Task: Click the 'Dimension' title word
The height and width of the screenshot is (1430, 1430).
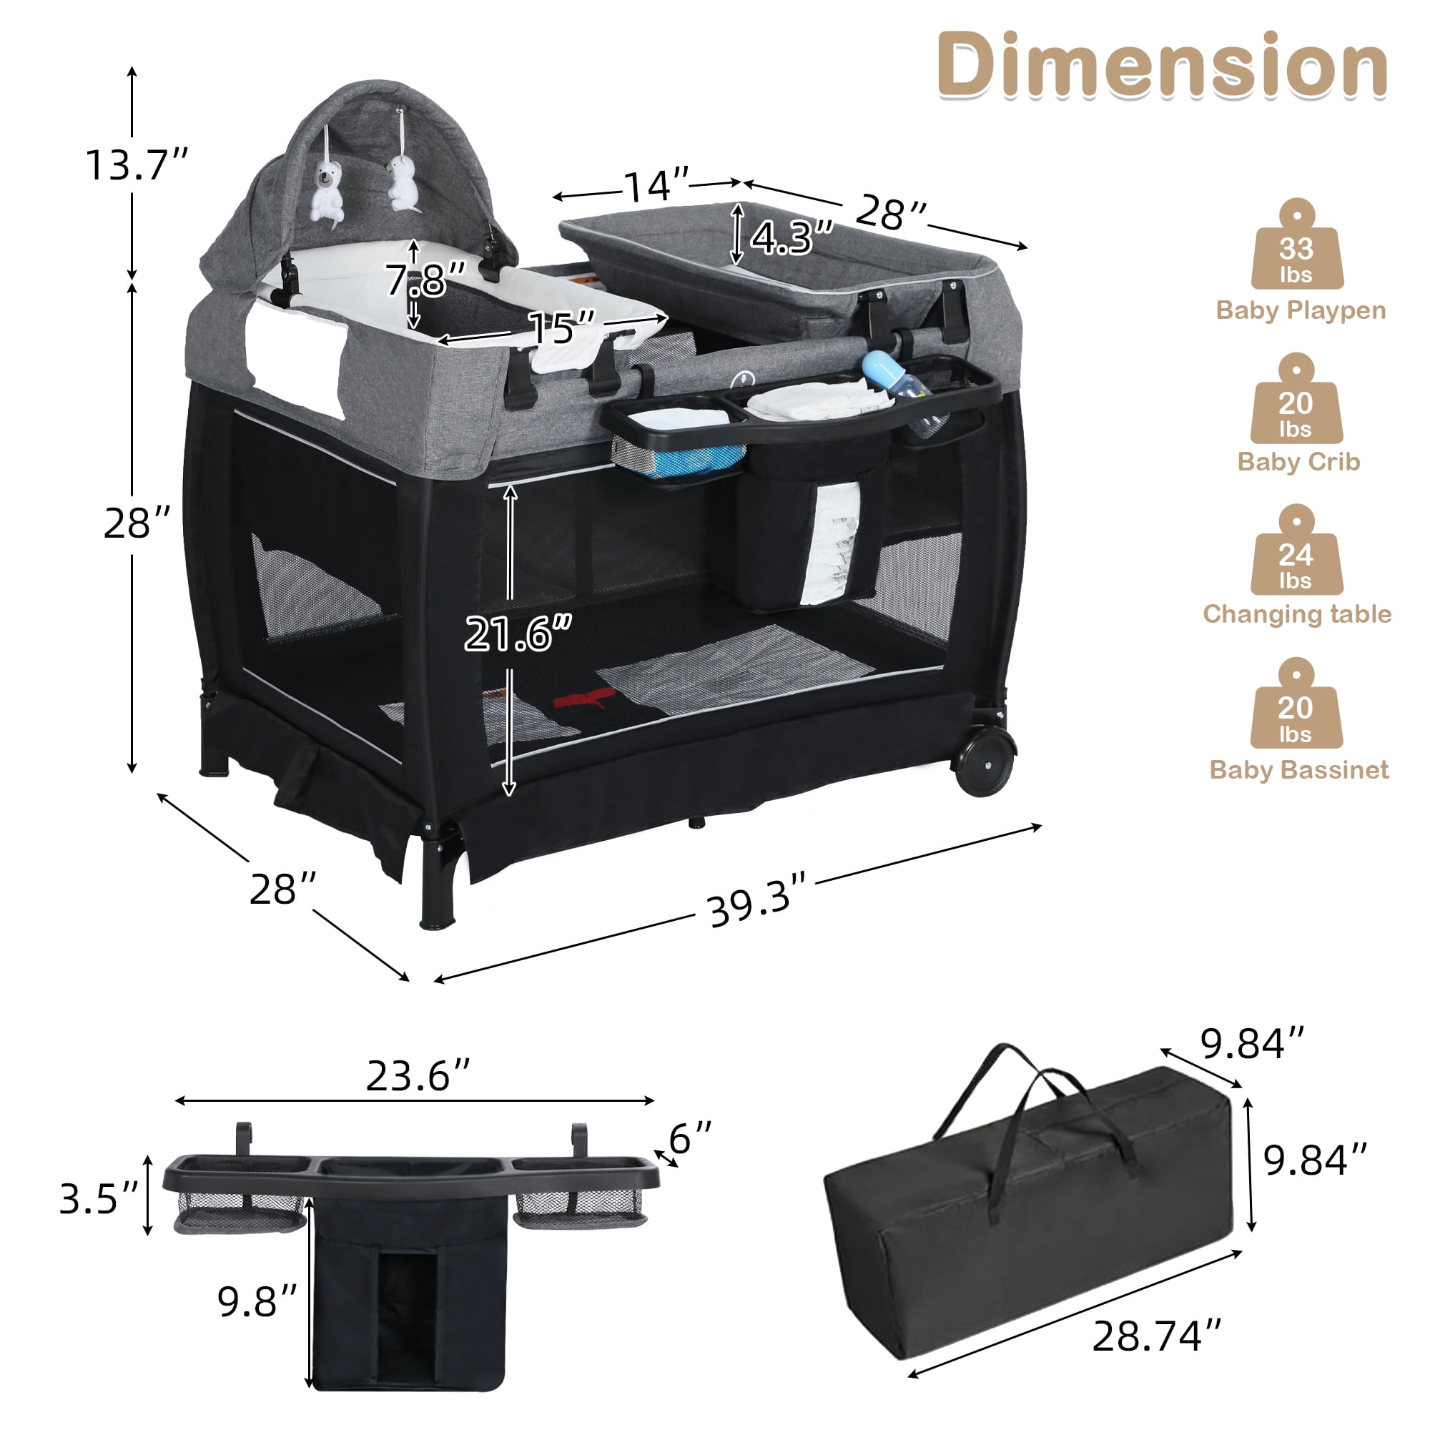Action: (x=1162, y=65)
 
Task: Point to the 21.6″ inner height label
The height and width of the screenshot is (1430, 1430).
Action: (x=518, y=633)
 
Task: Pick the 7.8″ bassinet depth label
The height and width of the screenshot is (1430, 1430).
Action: (x=425, y=279)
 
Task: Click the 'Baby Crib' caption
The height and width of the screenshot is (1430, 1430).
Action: (x=1299, y=462)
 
